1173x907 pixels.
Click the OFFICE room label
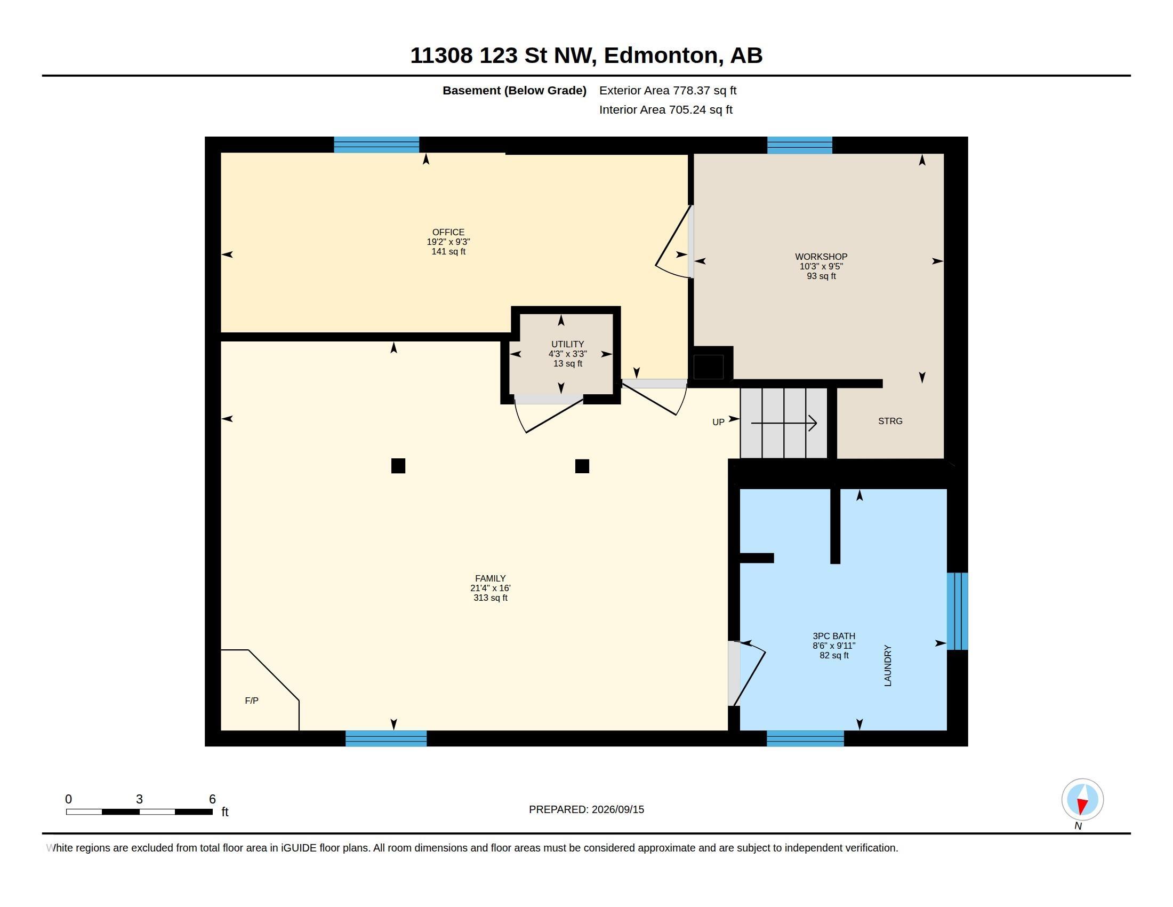pyautogui.click(x=448, y=232)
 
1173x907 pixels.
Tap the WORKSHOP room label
pyautogui.click(x=821, y=257)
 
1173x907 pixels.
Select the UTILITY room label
pyautogui.click(x=567, y=345)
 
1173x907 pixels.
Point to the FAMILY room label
pyautogui.click(x=490, y=579)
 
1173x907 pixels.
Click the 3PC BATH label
pyautogui.click(x=833, y=636)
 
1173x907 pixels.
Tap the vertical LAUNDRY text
pyautogui.click(x=888, y=665)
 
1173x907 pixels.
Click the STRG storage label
pyautogui.click(x=890, y=421)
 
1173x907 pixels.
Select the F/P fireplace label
pyautogui.click(x=251, y=701)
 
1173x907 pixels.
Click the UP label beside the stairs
pyautogui.click(x=718, y=423)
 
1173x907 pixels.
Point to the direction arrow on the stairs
pyautogui.click(x=784, y=424)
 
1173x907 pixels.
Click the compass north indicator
pyautogui.click(x=1082, y=800)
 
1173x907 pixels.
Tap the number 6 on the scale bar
pyautogui.click(x=212, y=799)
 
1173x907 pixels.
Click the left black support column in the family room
pyautogui.click(x=398, y=466)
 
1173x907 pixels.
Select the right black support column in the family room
pyautogui.click(x=582, y=466)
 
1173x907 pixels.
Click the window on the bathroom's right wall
pyautogui.click(x=957, y=611)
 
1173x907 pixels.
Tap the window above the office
pyautogui.click(x=376, y=145)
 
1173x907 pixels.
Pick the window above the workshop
pyautogui.click(x=800, y=146)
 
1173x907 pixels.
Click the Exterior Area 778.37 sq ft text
pyautogui.click(x=668, y=90)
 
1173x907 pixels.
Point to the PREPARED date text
pyautogui.click(x=586, y=809)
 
